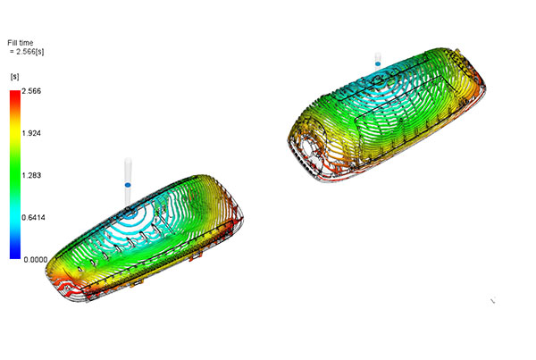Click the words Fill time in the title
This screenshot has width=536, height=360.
21,43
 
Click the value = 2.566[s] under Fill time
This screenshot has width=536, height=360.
27,52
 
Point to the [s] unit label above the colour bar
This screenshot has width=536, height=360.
14,77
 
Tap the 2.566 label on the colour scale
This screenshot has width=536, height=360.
31,91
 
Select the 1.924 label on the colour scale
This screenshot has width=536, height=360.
31,133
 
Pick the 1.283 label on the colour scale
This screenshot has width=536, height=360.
31,175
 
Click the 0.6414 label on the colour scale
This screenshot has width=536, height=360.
33,217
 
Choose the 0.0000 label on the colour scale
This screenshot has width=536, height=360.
36,260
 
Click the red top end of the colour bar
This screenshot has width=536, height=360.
15,93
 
